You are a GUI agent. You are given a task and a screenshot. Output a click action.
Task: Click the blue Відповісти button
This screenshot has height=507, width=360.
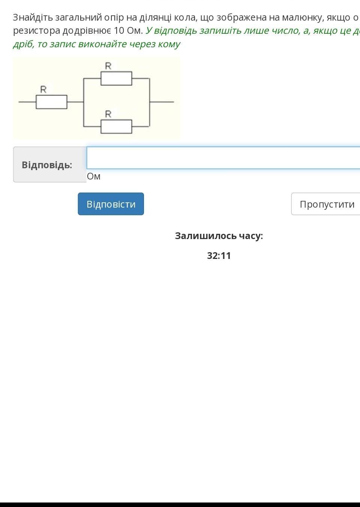click(111, 204)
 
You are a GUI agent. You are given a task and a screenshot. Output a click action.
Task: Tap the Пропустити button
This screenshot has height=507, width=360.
click(326, 204)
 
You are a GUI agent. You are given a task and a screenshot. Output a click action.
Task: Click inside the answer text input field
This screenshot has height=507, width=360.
click(223, 158)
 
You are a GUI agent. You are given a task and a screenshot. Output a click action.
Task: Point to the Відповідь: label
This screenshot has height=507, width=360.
click(47, 165)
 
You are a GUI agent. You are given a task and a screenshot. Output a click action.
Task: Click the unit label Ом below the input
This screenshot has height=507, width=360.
click(94, 176)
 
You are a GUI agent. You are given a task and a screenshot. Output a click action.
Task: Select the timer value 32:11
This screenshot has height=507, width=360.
click(219, 256)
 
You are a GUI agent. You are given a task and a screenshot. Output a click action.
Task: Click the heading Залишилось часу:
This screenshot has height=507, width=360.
click(219, 236)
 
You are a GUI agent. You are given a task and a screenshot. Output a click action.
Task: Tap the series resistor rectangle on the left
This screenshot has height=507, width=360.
click(51, 102)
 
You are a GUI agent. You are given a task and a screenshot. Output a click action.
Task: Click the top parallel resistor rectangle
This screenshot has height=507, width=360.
click(116, 78)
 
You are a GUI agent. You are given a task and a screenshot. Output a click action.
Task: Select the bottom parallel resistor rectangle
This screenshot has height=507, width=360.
click(116, 127)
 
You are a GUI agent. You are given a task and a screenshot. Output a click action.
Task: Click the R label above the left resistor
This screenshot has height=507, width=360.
click(43, 90)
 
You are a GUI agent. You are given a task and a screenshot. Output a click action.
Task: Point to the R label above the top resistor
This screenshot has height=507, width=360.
click(108, 66)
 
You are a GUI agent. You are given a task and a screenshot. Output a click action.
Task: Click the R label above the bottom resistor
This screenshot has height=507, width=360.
click(108, 114)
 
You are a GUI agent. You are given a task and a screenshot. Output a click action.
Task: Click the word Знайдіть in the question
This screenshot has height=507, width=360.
click(33, 18)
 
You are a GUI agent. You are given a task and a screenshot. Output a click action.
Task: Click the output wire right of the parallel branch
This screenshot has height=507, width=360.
click(162, 102)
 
